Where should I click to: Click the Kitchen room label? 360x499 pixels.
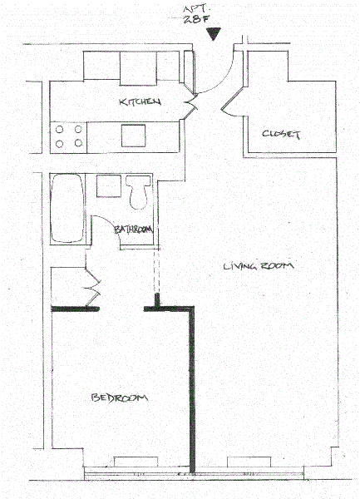point(140,101)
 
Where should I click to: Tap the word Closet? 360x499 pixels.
point(281,134)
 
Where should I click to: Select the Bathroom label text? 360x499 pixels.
point(133,230)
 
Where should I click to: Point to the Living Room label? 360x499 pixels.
point(259,266)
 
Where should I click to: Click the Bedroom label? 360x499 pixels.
point(119,398)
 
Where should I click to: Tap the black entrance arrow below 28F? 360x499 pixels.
point(213,34)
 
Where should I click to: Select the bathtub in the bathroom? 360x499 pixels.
point(67,208)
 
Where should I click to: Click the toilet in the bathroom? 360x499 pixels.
point(138,192)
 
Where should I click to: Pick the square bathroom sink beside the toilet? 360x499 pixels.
point(109,185)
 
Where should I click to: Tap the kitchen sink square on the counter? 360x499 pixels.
point(133,136)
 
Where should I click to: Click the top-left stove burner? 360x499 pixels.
point(60,130)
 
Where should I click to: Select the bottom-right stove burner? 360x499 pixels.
point(78,143)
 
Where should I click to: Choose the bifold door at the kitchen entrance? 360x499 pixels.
point(191,102)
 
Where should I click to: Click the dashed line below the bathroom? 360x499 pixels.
point(156,271)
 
